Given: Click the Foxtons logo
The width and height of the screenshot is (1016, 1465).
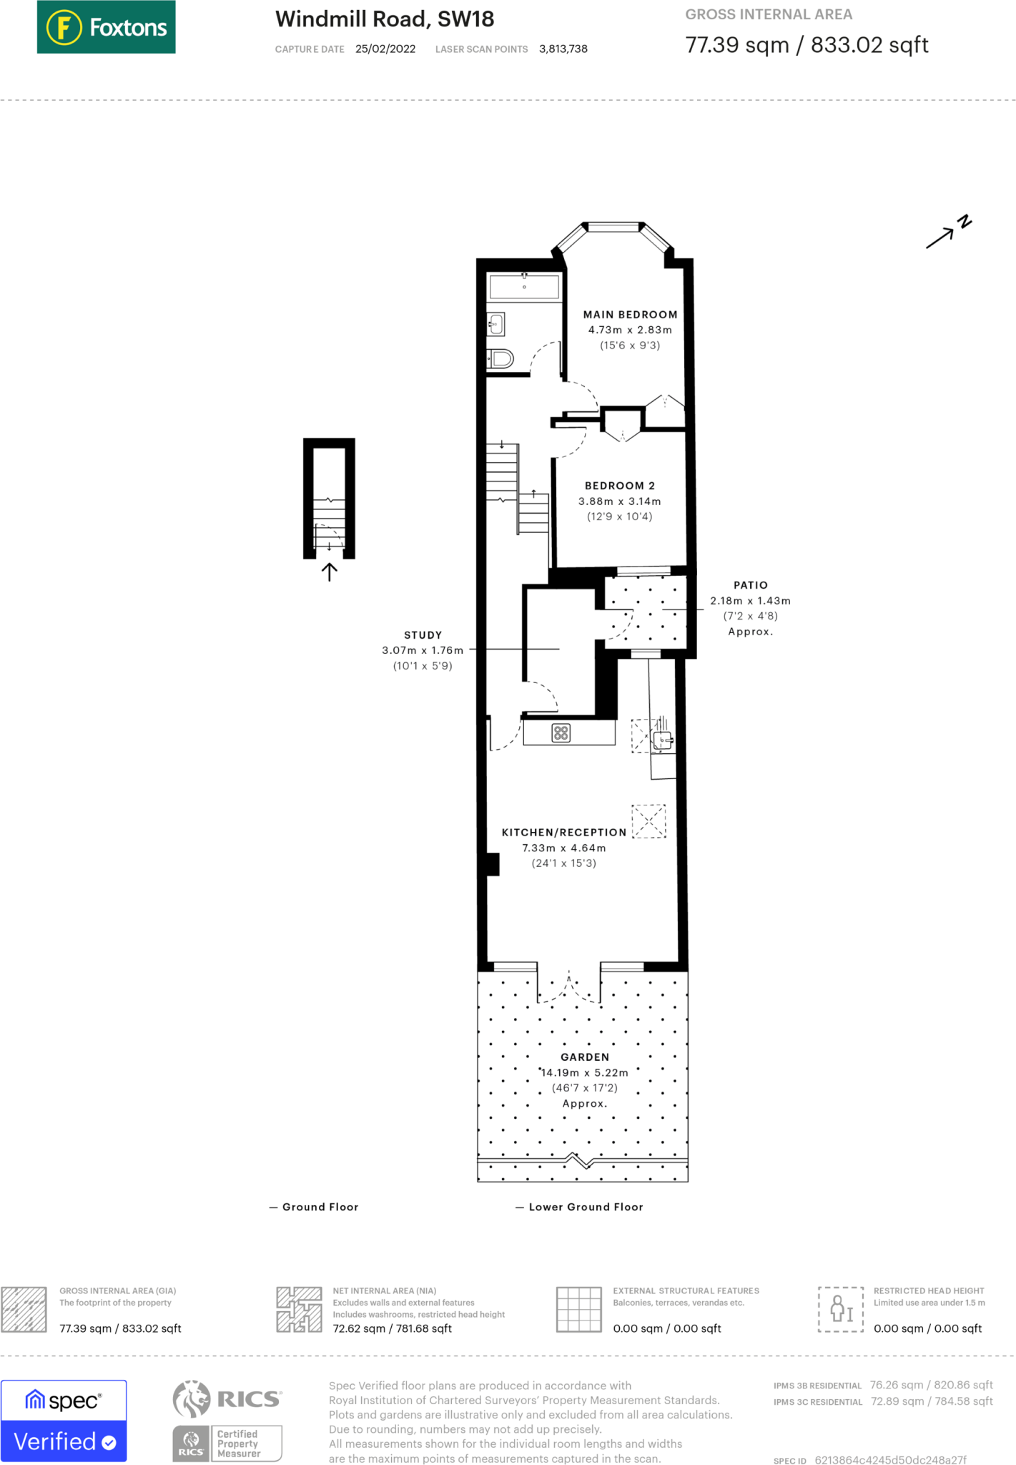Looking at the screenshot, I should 106,27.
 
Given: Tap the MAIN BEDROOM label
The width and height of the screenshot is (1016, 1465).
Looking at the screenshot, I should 630,315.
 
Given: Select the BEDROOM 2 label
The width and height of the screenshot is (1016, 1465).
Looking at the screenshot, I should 619,486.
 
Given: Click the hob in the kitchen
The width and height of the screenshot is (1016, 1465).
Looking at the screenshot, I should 561,733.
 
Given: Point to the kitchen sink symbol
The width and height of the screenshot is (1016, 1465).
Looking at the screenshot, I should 663,740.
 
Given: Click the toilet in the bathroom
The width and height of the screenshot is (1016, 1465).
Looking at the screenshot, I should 501,358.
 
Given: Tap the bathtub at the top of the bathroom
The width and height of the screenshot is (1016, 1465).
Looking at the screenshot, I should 524,287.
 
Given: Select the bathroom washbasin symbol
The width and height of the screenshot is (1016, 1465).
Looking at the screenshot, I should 496,325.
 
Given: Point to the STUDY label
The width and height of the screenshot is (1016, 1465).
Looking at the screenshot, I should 423,635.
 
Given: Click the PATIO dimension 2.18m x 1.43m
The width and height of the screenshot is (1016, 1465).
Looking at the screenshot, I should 750,601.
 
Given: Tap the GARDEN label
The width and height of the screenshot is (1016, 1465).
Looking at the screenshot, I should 585,1057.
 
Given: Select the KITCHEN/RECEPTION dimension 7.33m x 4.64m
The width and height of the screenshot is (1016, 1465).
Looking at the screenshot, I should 563,848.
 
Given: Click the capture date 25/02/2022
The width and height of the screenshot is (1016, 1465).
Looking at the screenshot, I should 385,49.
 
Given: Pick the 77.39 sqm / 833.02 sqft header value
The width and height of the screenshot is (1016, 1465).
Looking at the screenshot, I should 807,45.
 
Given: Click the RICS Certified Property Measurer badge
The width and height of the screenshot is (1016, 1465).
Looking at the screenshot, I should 227,1443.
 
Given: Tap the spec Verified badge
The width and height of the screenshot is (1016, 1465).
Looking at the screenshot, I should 64,1421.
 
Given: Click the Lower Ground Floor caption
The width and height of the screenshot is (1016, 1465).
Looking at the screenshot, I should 585,1207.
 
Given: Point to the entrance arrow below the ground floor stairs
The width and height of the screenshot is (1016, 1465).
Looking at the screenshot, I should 329,572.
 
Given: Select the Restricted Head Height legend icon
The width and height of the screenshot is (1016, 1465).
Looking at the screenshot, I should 840,1309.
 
